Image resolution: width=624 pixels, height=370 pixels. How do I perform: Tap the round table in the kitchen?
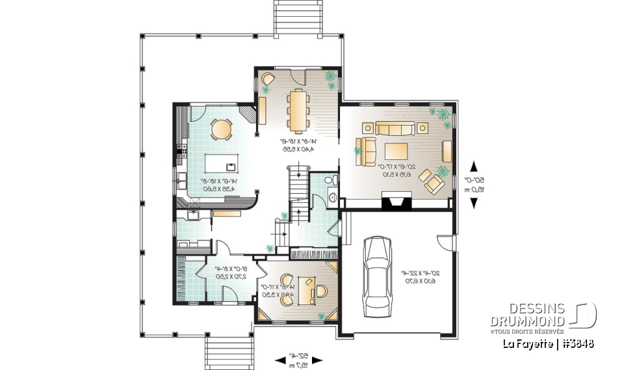coord(222,129)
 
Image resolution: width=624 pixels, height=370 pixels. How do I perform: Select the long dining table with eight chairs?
coord(300,109)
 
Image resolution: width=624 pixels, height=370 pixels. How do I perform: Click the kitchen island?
coord(222,161)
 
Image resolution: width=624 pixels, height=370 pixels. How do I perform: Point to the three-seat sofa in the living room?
coord(393,127)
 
